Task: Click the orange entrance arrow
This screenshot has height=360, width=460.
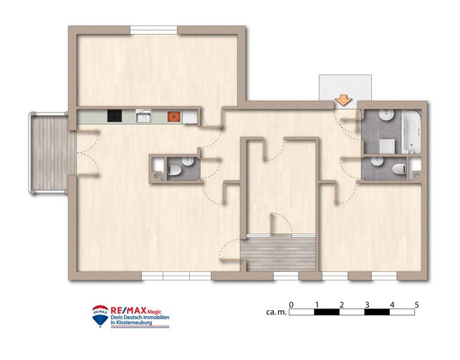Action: point(343,100)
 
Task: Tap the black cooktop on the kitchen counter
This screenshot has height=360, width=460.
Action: point(114,116)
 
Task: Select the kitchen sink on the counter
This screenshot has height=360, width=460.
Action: point(143,116)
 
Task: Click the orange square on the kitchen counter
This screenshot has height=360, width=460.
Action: point(174,116)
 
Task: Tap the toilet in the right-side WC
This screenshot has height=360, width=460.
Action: point(398,168)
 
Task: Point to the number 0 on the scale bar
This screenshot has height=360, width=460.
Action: point(291,305)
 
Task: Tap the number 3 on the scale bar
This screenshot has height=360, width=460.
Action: point(367,305)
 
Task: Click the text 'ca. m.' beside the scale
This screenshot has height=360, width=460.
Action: point(275,312)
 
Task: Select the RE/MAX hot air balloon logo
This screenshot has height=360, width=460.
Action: point(100,316)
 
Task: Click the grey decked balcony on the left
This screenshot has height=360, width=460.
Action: point(49,153)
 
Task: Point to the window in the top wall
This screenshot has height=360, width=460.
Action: point(154,29)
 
